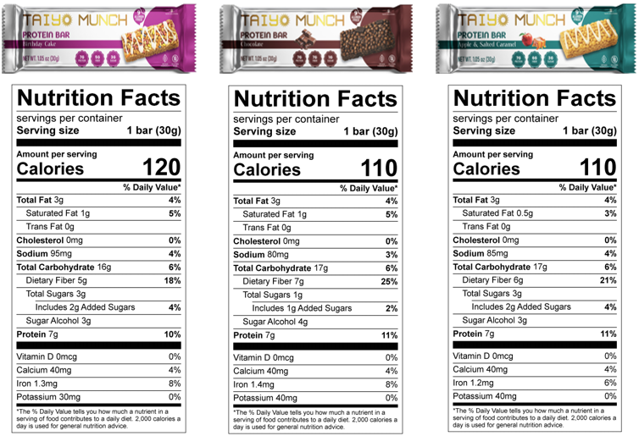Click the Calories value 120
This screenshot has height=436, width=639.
[160, 166]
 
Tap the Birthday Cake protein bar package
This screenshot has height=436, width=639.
[98, 39]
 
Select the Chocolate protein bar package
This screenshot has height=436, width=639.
[314, 39]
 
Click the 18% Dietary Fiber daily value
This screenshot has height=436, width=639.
[172, 280]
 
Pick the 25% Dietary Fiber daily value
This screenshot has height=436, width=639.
[388, 281]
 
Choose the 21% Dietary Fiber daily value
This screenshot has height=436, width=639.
[607, 280]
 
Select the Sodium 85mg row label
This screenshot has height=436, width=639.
[480, 253]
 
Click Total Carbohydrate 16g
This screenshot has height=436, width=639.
[64, 267]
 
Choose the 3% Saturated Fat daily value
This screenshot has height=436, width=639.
[609, 213]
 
